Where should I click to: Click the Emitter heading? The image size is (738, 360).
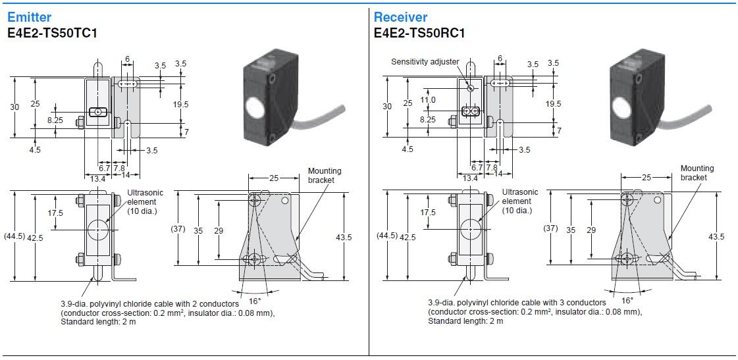(x=29, y=17)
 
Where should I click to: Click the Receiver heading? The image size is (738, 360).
(x=400, y=17)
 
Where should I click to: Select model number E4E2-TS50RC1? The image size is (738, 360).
(x=419, y=32)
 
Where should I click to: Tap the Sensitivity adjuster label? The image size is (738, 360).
(x=425, y=62)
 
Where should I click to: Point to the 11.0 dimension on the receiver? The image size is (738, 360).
(x=428, y=100)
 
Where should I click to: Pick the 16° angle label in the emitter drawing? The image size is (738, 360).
(x=255, y=300)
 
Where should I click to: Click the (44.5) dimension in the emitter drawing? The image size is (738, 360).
(x=14, y=236)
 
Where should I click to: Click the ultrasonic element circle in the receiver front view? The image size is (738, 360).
(x=471, y=229)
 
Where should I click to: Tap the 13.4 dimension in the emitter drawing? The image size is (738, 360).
(x=97, y=178)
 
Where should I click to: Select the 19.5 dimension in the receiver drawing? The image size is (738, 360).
(x=554, y=104)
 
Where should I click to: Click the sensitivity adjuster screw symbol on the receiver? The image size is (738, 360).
(x=471, y=88)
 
